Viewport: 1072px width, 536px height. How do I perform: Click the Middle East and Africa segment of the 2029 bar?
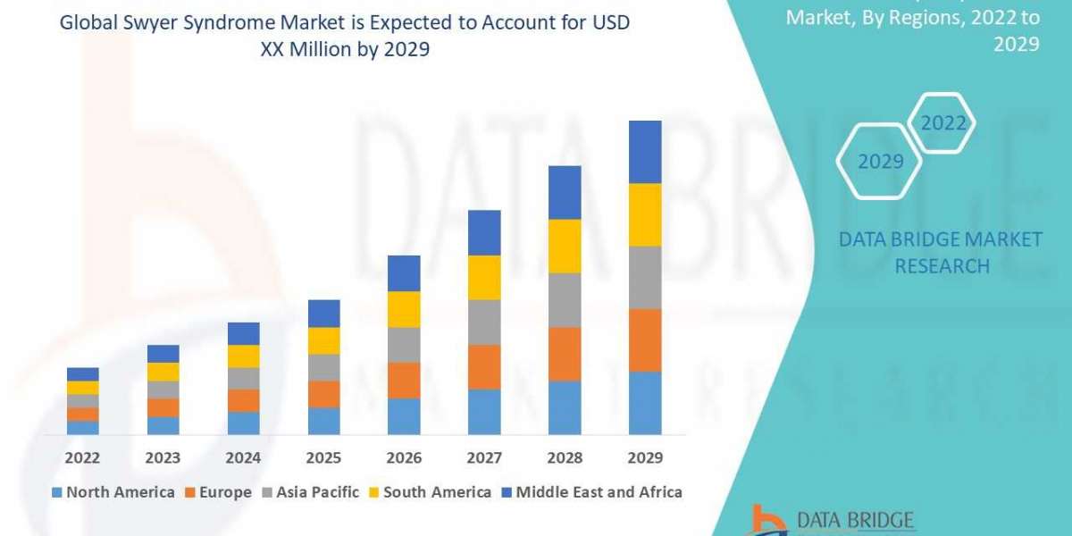tap(645, 152)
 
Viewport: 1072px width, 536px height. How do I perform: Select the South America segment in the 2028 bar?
tap(565, 246)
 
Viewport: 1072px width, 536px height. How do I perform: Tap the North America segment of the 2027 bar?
tap(484, 412)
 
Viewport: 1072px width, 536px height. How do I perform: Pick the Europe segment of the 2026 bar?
tap(404, 381)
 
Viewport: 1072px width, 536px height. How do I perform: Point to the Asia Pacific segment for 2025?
tap(323, 367)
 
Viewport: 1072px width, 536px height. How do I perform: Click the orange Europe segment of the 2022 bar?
tap(82, 415)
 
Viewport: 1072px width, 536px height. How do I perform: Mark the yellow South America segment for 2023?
tap(163, 372)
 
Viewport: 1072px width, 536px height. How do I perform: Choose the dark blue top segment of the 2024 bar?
tap(243, 333)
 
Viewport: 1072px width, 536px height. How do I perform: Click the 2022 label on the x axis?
tap(82, 458)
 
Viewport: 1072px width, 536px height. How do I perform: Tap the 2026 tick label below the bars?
tap(404, 458)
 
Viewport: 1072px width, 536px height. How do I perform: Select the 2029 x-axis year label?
tap(645, 458)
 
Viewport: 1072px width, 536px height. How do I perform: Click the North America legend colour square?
tap(58, 492)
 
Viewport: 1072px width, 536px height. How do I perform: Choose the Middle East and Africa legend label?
tap(599, 492)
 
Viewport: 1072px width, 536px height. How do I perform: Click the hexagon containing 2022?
tap(942, 123)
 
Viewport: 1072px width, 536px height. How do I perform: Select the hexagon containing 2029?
tap(879, 162)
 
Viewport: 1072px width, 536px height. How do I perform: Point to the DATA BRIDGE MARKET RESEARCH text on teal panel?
tap(941, 252)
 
